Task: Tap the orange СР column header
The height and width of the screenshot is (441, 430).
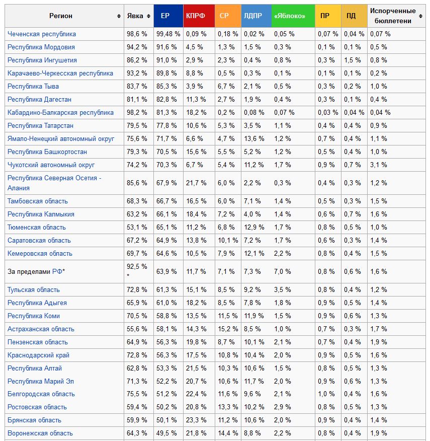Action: click(224, 16)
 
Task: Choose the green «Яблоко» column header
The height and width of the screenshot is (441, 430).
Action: click(290, 16)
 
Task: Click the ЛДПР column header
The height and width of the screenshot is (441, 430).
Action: click(252, 16)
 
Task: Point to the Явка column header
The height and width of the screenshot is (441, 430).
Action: click(135, 16)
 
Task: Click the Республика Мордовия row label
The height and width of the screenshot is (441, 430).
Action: click(41, 47)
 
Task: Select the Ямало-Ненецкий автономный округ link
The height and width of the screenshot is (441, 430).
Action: click(61, 138)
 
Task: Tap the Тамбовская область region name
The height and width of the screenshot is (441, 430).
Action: click(38, 201)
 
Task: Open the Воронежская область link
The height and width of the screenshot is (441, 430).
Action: click(40, 433)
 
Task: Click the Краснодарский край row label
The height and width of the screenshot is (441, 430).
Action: click(39, 355)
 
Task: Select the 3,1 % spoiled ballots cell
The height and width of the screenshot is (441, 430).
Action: click(378, 165)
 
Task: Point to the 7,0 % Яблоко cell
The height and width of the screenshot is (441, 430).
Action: click(282, 271)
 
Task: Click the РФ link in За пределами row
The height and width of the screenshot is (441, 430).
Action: click(57, 271)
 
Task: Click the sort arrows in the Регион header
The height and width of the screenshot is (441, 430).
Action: click(119, 16)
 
